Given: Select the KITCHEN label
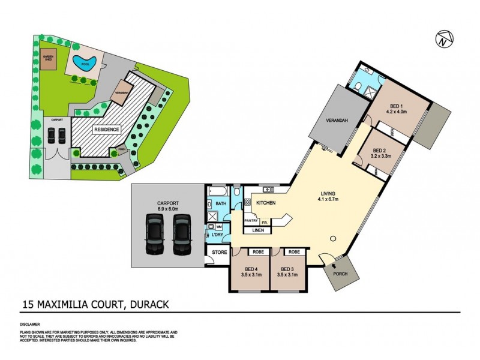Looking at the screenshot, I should click(x=266, y=203).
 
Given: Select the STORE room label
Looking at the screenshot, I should click(x=220, y=252).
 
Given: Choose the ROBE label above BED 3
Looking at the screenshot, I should click(x=294, y=252).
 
